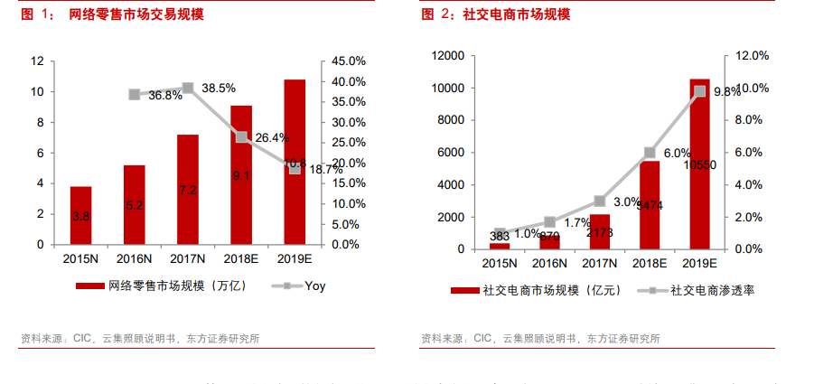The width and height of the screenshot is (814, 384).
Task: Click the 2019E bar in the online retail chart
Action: click(295, 163)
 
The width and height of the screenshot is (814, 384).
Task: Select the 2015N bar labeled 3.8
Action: click(80, 216)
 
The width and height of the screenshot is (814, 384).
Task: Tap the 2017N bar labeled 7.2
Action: click(187, 190)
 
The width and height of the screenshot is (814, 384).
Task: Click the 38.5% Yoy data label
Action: click(219, 89)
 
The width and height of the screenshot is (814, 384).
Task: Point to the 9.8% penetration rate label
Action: click(727, 92)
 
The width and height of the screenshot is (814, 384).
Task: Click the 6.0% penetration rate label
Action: click(678, 154)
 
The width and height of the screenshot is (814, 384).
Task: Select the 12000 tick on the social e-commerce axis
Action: click(449, 56)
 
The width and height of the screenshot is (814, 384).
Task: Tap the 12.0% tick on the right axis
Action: click(752, 56)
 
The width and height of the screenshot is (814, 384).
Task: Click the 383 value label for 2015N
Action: click(500, 236)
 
